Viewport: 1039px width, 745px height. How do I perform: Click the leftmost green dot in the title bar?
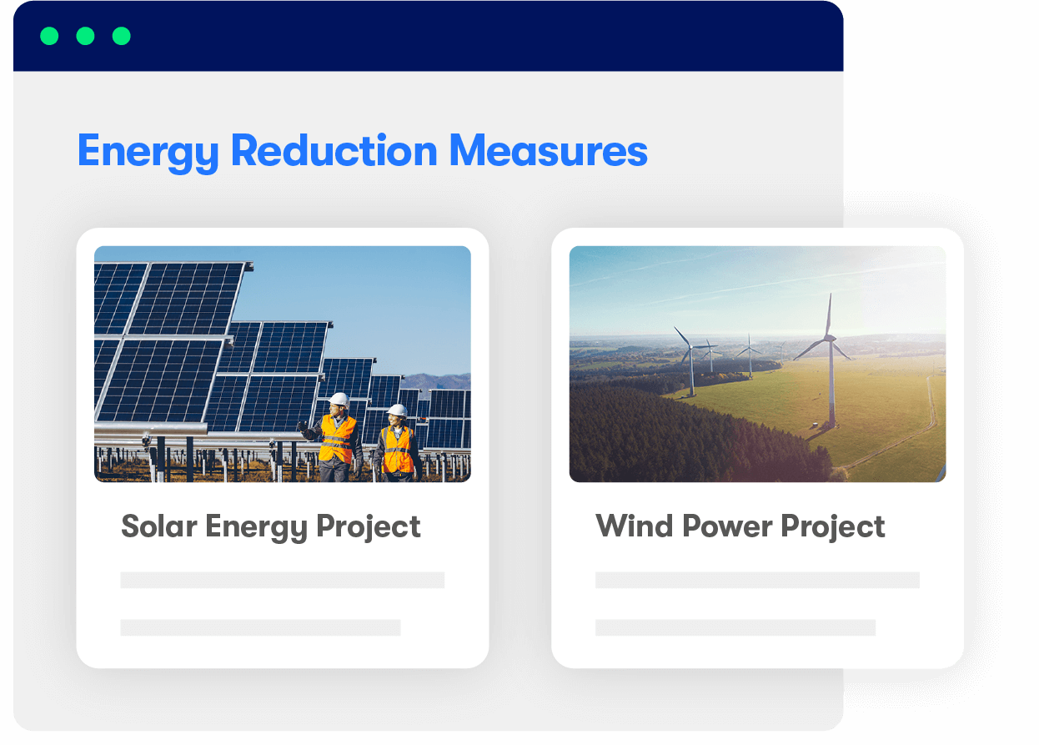click(x=49, y=36)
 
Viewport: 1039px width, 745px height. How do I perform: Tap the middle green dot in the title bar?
click(x=85, y=36)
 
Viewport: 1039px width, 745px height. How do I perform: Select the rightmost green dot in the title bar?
click(x=122, y=36)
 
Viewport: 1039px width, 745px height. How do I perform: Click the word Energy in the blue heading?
click(x=148, y=152)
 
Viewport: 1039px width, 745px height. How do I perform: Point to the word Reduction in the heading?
click(x=334, y=150)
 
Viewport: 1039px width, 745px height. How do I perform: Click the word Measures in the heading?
click(x=548, y=150)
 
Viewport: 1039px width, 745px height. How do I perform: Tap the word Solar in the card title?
click(x=159, y=526)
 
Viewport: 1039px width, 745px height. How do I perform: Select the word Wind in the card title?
click(x=634, y=526)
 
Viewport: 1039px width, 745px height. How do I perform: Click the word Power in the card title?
click(x=727, y=526)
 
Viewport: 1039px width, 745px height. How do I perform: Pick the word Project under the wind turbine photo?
click(x=833, y=528)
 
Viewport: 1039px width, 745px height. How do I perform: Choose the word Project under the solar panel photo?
click(x=369, y=528)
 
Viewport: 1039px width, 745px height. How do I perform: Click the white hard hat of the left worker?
click(x=339, y=400)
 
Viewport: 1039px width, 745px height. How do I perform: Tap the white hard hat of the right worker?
click(x=397, y=410)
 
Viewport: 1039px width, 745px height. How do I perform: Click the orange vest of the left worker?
click(x=337, y=439)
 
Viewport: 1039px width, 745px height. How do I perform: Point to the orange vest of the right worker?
click(x=398, y=450)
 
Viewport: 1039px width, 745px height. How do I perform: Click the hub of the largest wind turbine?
click(x=830, y=338)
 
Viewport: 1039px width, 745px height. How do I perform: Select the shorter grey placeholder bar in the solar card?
click(x=260, y=627)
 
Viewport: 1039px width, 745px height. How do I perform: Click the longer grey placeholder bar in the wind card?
click(x=757, y=580)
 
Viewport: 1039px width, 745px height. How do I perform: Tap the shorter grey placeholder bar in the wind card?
click(x=735, y=627)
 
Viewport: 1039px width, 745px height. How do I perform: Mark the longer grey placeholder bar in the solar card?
click(x=283, y=580)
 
